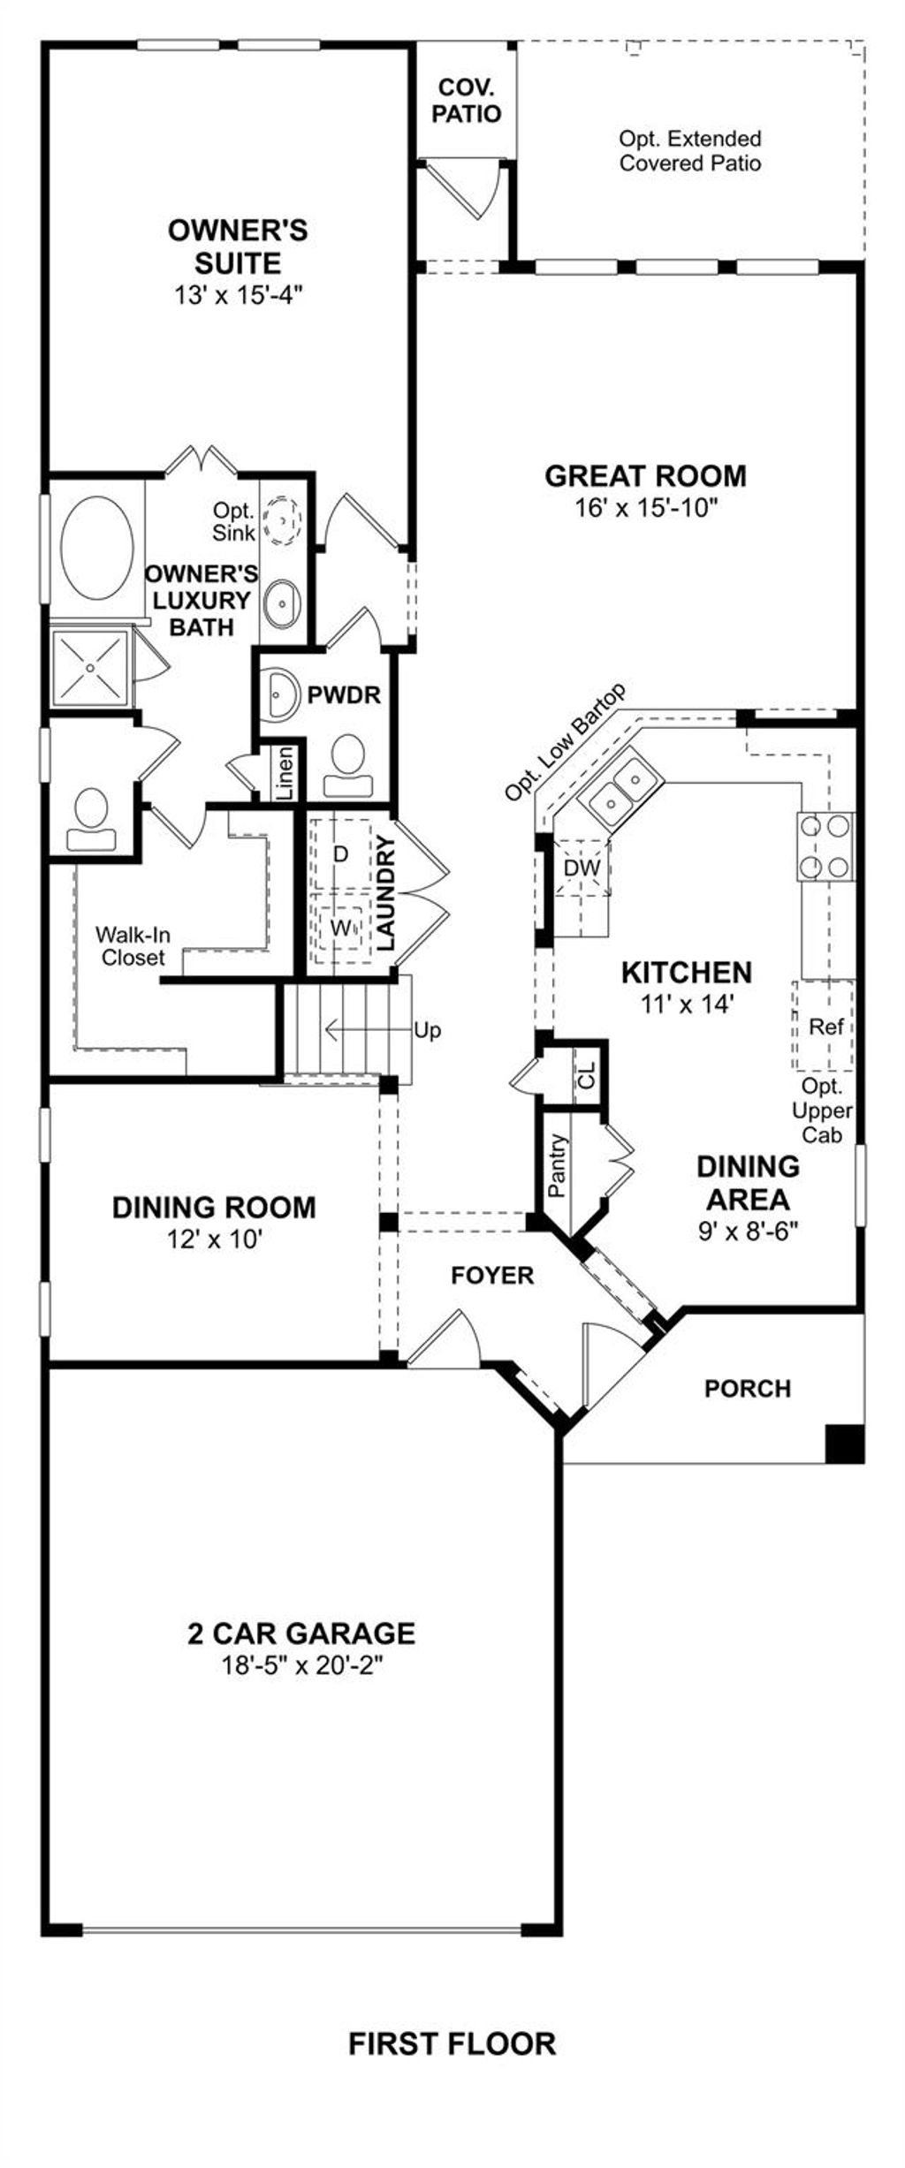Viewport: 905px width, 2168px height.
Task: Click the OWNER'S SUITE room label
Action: point(238,246)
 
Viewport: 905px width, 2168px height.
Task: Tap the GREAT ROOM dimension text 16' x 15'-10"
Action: point(644,508)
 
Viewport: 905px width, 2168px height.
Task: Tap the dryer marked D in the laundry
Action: point(340,854)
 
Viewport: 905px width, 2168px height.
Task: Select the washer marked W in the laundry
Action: point(340,927)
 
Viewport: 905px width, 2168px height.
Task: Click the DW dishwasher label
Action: point(582,868)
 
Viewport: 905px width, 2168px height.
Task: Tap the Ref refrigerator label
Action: point(826,1026)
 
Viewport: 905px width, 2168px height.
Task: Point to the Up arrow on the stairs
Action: point(427,1030)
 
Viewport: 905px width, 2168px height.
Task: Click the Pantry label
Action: point(557,1165)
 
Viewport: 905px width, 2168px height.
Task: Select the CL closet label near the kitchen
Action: point(587,1074)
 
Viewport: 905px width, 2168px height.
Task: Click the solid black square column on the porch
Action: point(844,1444)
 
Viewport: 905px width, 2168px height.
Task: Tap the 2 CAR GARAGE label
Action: point(301,1633)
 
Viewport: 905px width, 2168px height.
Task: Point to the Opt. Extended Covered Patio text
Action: point(689,151)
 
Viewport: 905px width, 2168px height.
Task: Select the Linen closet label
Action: point(285,774)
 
